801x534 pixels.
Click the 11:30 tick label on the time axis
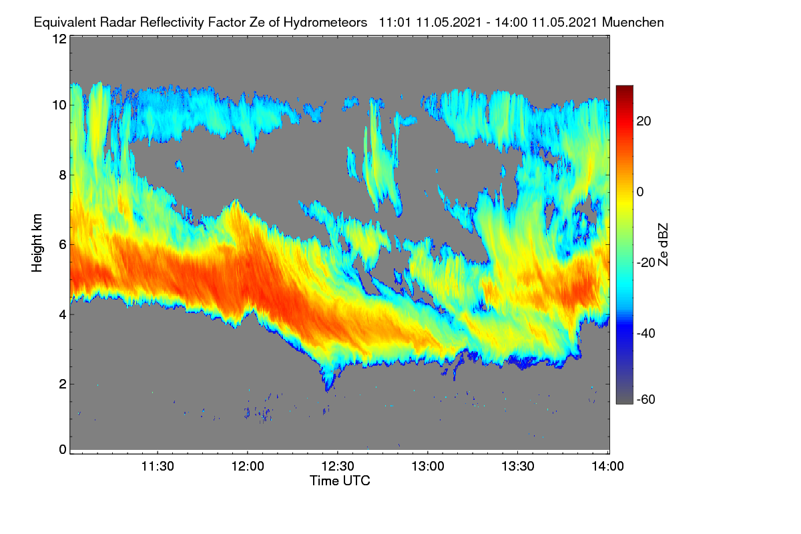pos(158,467)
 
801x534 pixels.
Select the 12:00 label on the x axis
pos(248,467)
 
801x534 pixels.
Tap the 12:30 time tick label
pos(338,467)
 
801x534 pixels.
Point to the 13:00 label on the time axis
pos(428,467)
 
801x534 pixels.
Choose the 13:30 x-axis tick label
pos(518,467)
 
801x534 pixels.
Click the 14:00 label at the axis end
pos(608,467)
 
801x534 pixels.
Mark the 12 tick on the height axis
pos(59,39)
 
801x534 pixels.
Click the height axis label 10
pos(59,105)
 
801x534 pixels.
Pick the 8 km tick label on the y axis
pos(63,176)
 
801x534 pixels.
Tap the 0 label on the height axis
pos(63,450)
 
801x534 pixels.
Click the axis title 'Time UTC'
pos(340,481)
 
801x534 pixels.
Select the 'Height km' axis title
pos(37,243)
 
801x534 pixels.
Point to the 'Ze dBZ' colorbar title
pos(663,245)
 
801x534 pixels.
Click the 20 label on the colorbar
pos(643,121)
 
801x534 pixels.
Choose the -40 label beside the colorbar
pos(646,333)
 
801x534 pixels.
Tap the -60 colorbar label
pos(646,400)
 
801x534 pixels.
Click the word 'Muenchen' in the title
pos(633,23)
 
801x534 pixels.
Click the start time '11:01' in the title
pos(395,23)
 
